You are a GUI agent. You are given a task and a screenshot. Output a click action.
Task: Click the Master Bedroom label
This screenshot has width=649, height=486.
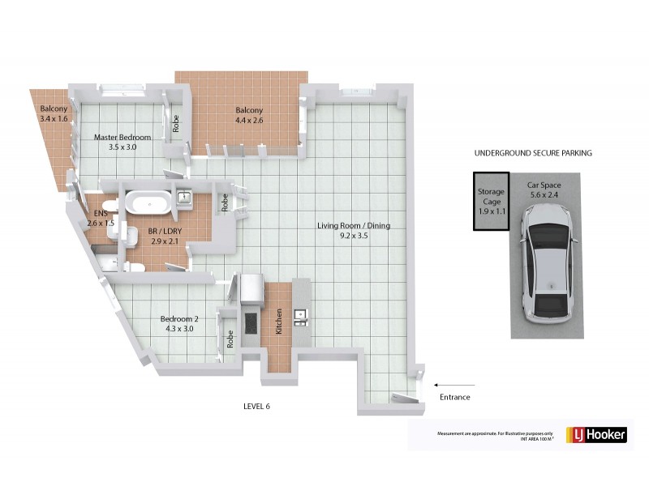[122, 137]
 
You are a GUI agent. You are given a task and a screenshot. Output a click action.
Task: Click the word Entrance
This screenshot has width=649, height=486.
[454, 397]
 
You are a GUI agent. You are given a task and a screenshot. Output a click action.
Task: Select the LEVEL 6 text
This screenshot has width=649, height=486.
[256, 406]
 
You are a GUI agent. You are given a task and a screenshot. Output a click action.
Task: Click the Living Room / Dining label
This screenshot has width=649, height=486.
[354, 226]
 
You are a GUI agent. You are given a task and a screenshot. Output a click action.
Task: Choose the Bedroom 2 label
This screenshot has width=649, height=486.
[179, 318]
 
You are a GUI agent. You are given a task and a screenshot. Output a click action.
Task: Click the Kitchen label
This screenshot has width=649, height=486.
[278, 322]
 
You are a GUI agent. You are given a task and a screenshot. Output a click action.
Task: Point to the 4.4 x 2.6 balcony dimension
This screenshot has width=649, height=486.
[250, 121]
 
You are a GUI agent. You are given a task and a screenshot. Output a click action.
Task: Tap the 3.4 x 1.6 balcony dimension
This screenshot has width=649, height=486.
[54, 119]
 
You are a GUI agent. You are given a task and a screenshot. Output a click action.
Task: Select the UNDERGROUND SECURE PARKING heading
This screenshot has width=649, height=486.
[533, 152]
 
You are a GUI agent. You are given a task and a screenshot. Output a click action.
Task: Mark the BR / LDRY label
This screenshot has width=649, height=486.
[165, 231]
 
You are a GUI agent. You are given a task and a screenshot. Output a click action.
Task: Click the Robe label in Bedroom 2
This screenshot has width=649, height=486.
[231, 339]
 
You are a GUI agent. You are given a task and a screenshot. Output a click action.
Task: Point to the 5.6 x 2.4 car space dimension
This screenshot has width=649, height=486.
[544, 194]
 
